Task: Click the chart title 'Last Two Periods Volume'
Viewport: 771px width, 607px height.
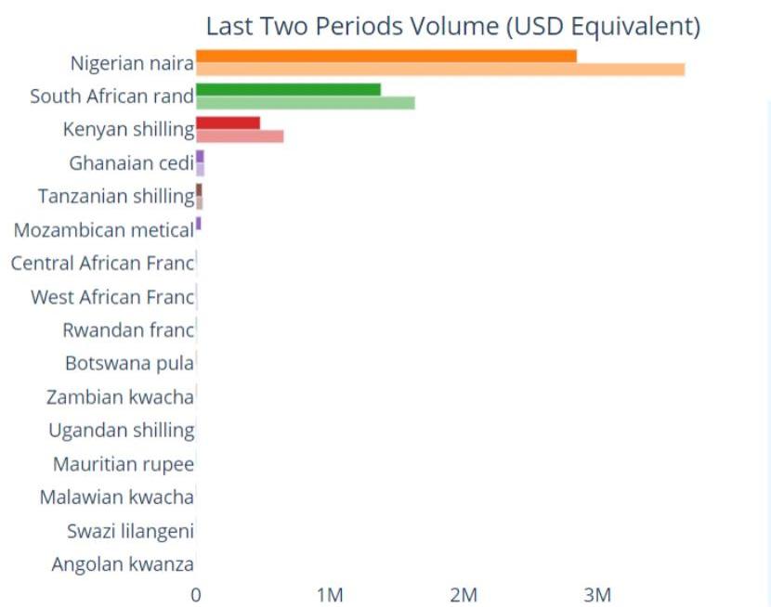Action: [452, 26]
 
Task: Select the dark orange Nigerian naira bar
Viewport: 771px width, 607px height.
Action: [385, 56]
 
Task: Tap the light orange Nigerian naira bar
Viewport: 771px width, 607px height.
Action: [439, 69]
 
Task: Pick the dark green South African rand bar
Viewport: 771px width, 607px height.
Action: [288, 89]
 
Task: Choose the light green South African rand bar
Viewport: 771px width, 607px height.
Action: [305, 102]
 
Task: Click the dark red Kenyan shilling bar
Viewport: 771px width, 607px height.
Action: [228, 123]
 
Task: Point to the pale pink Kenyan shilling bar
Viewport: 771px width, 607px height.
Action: [240, 136]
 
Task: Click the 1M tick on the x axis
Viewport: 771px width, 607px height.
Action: [330, 595]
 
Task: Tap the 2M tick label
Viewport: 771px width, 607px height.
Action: [464, 595]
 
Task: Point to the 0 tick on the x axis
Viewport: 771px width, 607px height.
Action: [196, 595]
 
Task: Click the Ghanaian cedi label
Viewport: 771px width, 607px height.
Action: [131, 163]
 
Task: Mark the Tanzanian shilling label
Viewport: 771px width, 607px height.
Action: [115, 197]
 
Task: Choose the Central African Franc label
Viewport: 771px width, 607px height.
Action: [102, 264]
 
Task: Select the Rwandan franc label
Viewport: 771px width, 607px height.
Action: [128, 330]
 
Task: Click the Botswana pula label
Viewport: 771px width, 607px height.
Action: [129, 364]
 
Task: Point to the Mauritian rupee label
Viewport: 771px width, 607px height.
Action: [124, 464]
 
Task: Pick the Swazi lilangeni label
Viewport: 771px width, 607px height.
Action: [130, 531]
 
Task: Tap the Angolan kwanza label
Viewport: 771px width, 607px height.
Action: [123, 564]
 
